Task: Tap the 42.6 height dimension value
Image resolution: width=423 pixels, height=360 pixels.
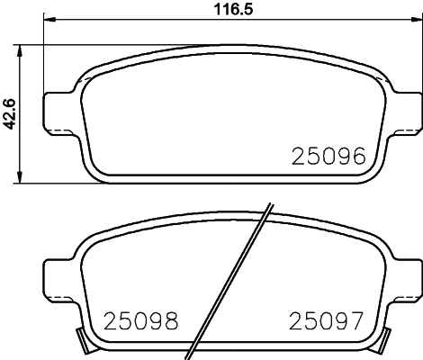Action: tap(10, 114)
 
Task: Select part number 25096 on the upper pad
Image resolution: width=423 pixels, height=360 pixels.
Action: tap(328, 157)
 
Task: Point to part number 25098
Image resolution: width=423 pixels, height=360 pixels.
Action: tap(141, 320)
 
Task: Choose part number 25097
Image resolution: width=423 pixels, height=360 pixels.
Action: tap(325, 320)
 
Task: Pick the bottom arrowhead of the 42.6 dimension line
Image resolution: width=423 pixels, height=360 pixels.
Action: tap(23, 179)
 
